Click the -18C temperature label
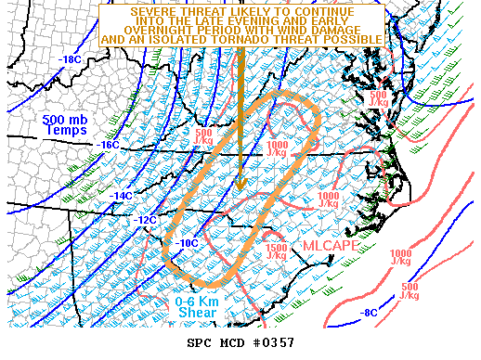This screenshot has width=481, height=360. click(x=70, y=60)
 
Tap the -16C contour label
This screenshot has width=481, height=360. click(x=110, y=145)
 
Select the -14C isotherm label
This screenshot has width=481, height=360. click(x=123, y=196)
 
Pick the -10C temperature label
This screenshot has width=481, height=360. click(x=187, y=243)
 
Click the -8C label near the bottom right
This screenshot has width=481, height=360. click(x=370, y=313)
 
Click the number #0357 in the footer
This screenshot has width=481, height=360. click(x=273, y=342)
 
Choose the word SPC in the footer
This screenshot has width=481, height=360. click(x=200, y=342)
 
